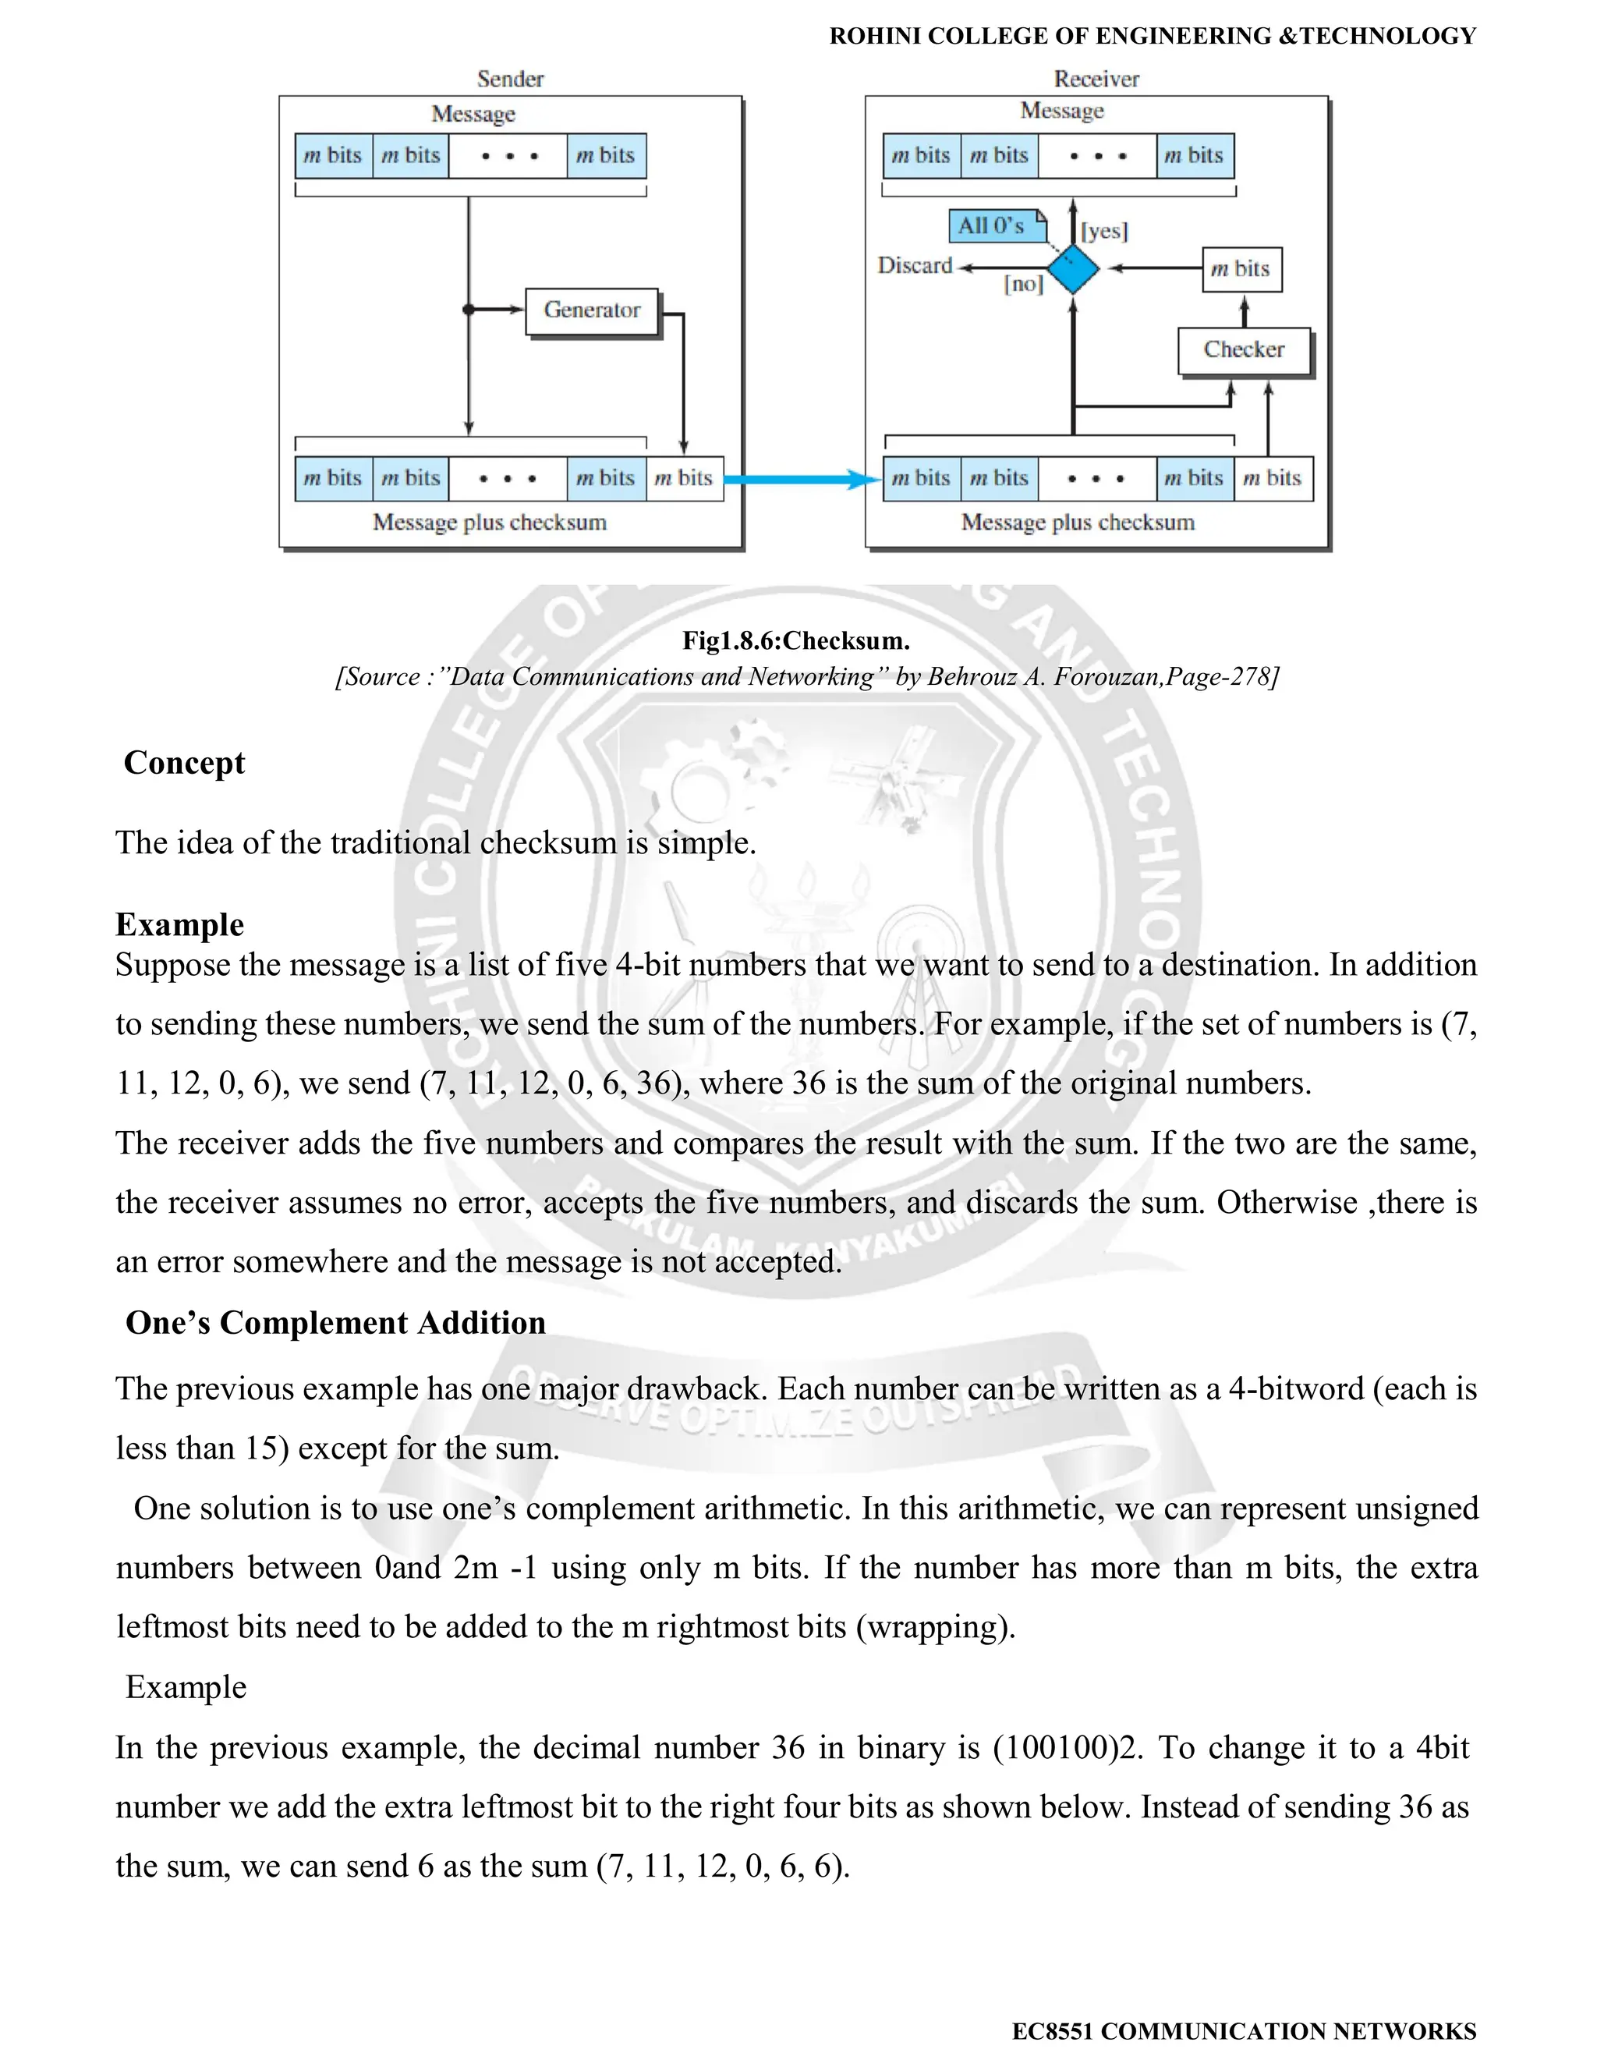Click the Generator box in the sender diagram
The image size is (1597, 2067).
591,311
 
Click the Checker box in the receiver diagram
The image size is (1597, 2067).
1243,350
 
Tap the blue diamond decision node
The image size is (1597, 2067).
1074,269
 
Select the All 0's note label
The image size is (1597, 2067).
993,226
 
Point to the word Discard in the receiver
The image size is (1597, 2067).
914,266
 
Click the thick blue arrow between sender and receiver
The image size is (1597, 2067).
802,479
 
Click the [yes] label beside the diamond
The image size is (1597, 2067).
1104,232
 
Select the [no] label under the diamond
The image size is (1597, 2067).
1023,284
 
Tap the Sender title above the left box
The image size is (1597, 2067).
510,80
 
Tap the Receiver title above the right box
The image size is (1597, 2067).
1096,80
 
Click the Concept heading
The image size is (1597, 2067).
185,763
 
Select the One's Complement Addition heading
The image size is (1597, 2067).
336,1323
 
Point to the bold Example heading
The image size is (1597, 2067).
180,924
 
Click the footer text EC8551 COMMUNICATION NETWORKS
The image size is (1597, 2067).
1243,2031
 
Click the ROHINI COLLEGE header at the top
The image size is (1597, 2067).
1152,37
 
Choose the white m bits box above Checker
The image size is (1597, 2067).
1241,270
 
